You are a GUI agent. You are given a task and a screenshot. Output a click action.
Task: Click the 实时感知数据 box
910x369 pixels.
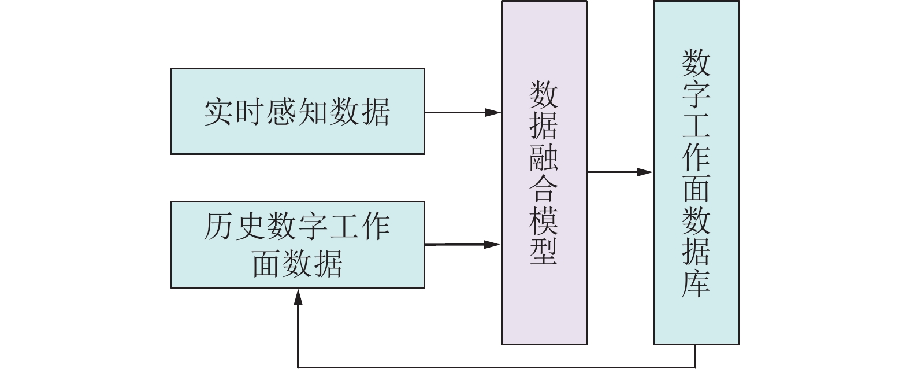(297, 111)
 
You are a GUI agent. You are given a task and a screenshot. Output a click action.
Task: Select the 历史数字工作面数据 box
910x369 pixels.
(297, 244)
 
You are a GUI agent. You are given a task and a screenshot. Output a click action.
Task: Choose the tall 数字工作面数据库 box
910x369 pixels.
(696, 172)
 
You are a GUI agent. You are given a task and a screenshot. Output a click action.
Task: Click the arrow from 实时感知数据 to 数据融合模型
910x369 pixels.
(462, 112)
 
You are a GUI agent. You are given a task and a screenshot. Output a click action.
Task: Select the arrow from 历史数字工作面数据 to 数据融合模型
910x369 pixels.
(462, 245)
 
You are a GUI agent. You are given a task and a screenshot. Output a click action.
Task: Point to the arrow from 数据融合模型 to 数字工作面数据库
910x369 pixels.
(619, 172)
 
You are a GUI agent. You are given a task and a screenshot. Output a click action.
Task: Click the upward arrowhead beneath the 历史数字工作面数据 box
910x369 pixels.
(298, 296)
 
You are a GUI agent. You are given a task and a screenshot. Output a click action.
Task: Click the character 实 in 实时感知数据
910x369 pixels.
(220, 112)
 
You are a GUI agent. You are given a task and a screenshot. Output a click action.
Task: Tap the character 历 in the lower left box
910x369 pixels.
(220, 227)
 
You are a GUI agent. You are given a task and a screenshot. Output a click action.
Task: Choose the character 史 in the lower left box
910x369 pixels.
(250, 227)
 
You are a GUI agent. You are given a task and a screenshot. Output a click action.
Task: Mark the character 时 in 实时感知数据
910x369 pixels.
(250, 112)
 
